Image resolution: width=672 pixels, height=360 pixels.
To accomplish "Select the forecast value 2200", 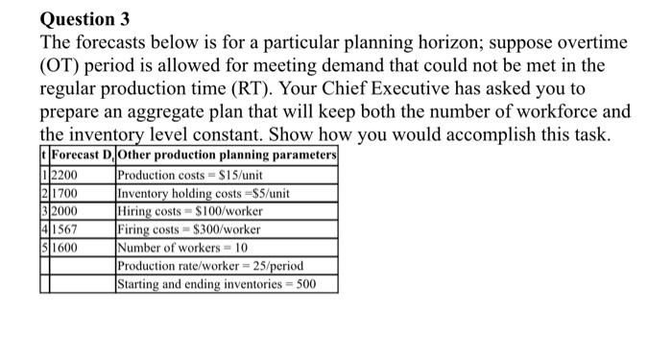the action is pos(66,177).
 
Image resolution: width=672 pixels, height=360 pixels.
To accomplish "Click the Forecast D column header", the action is pos(80,158).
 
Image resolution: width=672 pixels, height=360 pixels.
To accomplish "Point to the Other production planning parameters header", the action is pos(227,158).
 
